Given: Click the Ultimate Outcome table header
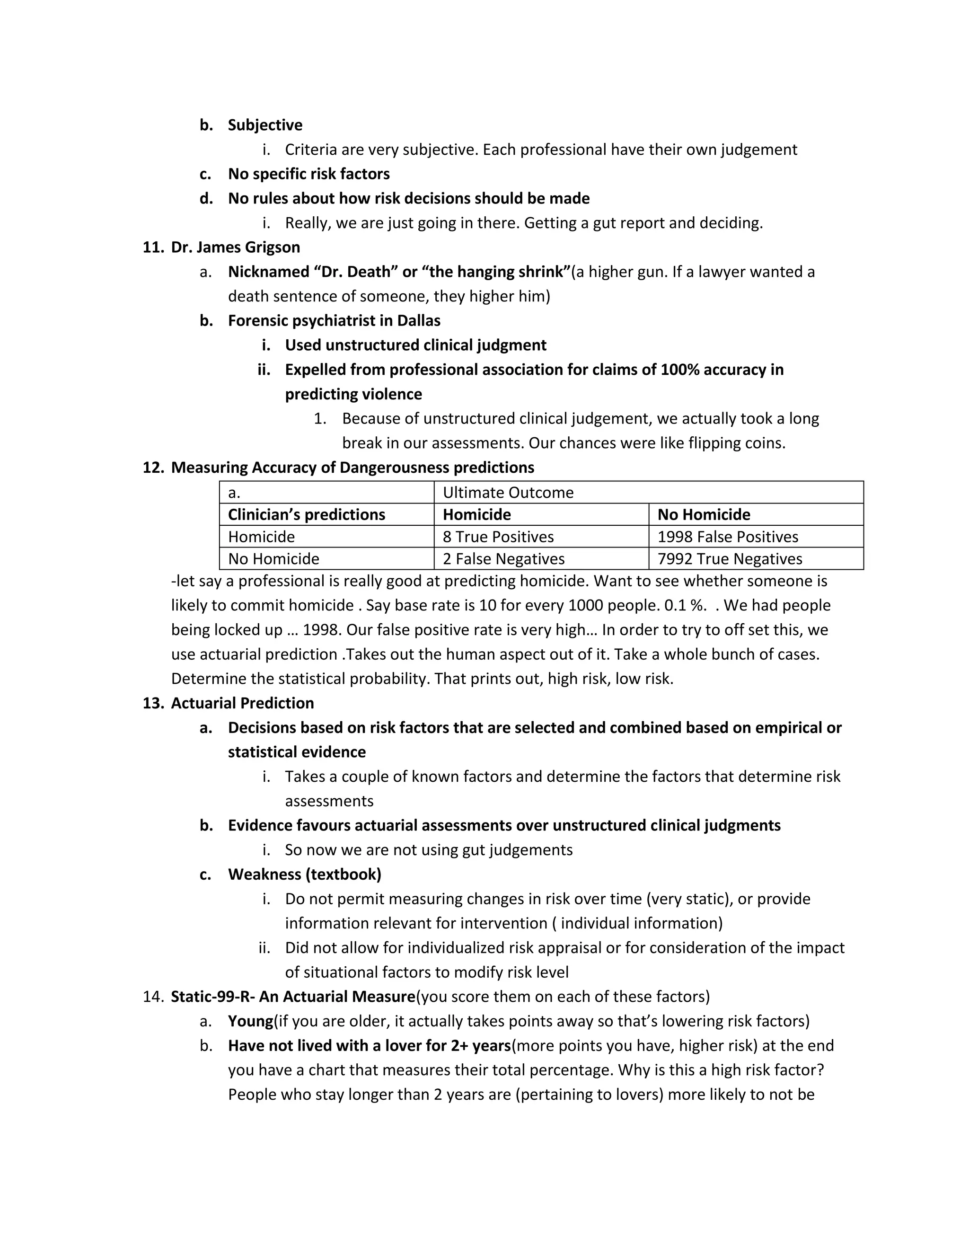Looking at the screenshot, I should pyautogui.click(x=508, y=492).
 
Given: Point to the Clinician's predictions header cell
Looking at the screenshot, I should pyautogui.click(x=306, y=514).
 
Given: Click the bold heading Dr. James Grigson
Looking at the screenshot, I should pyautogui.click(x=235, y=247).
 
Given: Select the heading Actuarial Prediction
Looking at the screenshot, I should pyautogui.click(x=242, y=703).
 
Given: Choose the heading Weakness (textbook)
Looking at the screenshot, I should pyautogui.click(x=304, y=874).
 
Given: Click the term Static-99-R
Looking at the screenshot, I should pyautogui.click(x=211, y=996).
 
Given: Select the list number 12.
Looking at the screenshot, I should pyautogui.click(x=153, y=468).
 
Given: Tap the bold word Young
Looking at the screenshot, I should pyautogui.click(x=250, y=1021).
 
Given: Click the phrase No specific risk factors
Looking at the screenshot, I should pyautogui.click(x=308, y=173).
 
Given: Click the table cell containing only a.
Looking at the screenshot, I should pyautogui.click(x=234, y=492).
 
